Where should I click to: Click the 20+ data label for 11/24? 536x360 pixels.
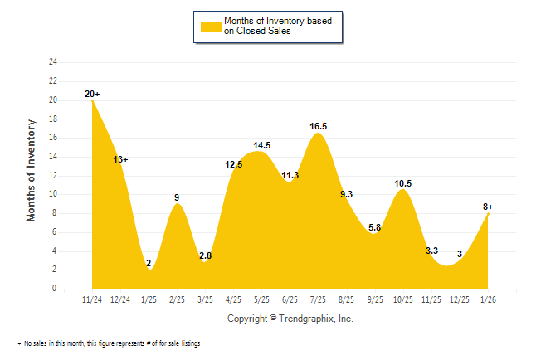tap(92, 95)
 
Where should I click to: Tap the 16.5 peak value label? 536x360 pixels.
tap(319, 126)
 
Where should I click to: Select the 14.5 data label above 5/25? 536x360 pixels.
tap(262, 145)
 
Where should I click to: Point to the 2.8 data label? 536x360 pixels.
tap(206, 255)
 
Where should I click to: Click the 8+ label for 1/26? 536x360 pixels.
tap(488, 207)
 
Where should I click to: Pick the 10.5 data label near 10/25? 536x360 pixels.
tap(403, 183)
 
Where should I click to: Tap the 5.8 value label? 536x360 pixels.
tap(374, 227)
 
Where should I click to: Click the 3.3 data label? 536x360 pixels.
tap(431, 250)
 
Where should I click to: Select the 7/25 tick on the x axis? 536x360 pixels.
tap(319, 299)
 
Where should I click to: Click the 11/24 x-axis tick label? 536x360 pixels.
tap(92, 299)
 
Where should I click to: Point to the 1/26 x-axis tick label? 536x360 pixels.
tap(488, 299)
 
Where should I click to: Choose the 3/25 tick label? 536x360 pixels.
tap(206, 299)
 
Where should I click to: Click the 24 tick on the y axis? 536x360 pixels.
tap(53, 62)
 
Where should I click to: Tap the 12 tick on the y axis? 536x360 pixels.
tap(53, 176)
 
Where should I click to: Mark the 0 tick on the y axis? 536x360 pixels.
tap(55, 289)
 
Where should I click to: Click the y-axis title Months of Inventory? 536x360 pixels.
tap(32, 170)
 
